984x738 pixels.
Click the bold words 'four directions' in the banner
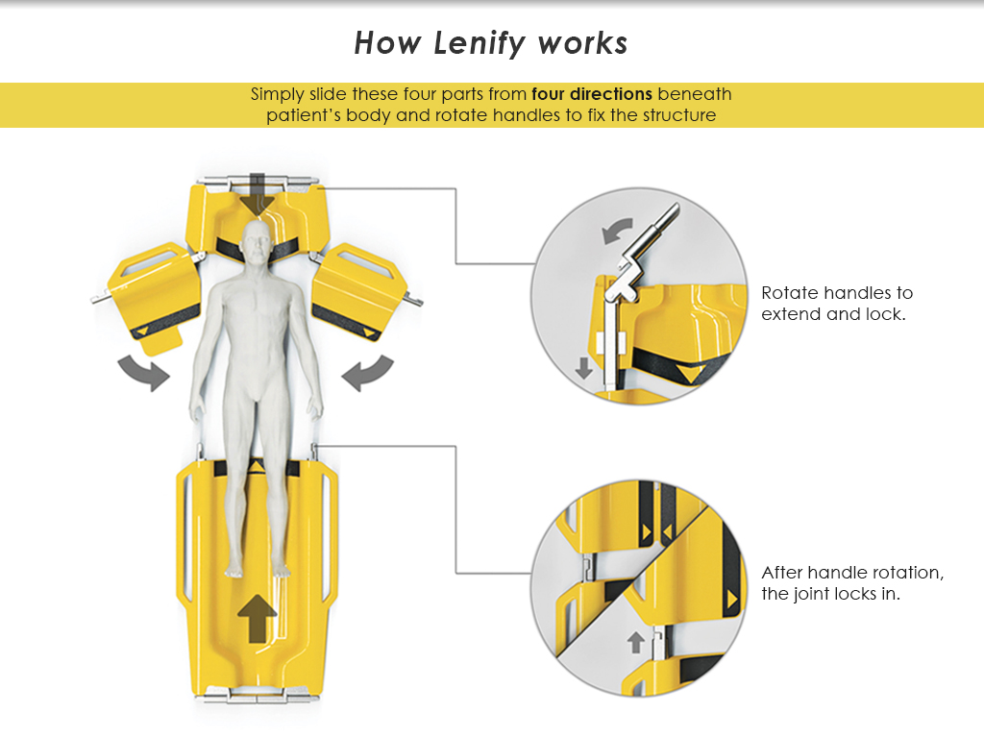(592, 94)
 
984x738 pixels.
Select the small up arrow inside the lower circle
(635, 642)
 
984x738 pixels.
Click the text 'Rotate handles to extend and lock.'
(836, 303)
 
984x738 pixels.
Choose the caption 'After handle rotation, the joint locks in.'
(852, 582)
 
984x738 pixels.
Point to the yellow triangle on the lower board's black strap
(257, 467)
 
